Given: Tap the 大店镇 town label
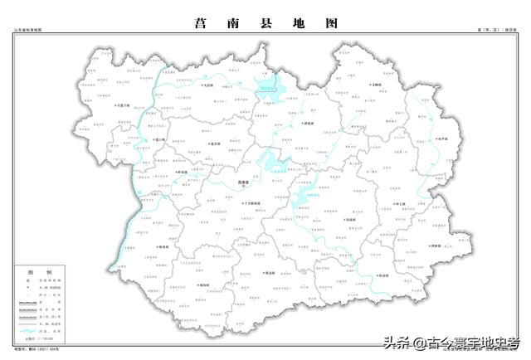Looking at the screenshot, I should coord(207,85).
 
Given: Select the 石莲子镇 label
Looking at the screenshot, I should coord(124,105).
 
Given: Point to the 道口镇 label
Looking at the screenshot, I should coord(162,139).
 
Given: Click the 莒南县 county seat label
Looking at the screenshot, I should coord(242,180).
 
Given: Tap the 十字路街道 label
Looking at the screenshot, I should coord(246,203).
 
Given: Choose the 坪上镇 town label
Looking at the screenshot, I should coord(401,203).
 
